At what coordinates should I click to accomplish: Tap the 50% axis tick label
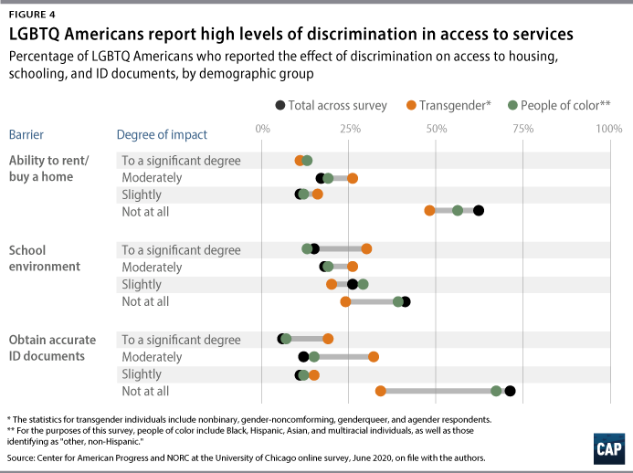436,129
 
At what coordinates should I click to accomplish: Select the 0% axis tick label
263,129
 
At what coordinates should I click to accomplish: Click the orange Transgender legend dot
412,105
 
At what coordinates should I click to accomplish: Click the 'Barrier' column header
26,135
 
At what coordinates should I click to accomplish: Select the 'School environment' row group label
42,258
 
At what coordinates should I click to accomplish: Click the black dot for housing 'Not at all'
478,211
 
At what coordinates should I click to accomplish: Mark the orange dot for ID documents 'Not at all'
380,392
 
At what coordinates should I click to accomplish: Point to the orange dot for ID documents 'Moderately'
374,357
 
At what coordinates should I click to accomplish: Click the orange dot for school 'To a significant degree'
366,248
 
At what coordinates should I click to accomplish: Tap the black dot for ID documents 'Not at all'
510,392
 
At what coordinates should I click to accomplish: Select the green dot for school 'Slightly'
363,284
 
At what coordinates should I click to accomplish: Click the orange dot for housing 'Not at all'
429,211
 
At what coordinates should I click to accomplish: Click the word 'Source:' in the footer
22,457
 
